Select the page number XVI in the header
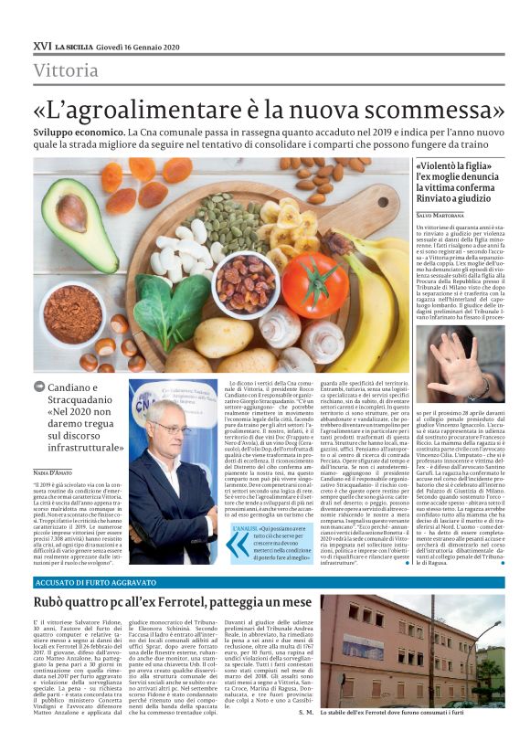42,46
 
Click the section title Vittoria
66,70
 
